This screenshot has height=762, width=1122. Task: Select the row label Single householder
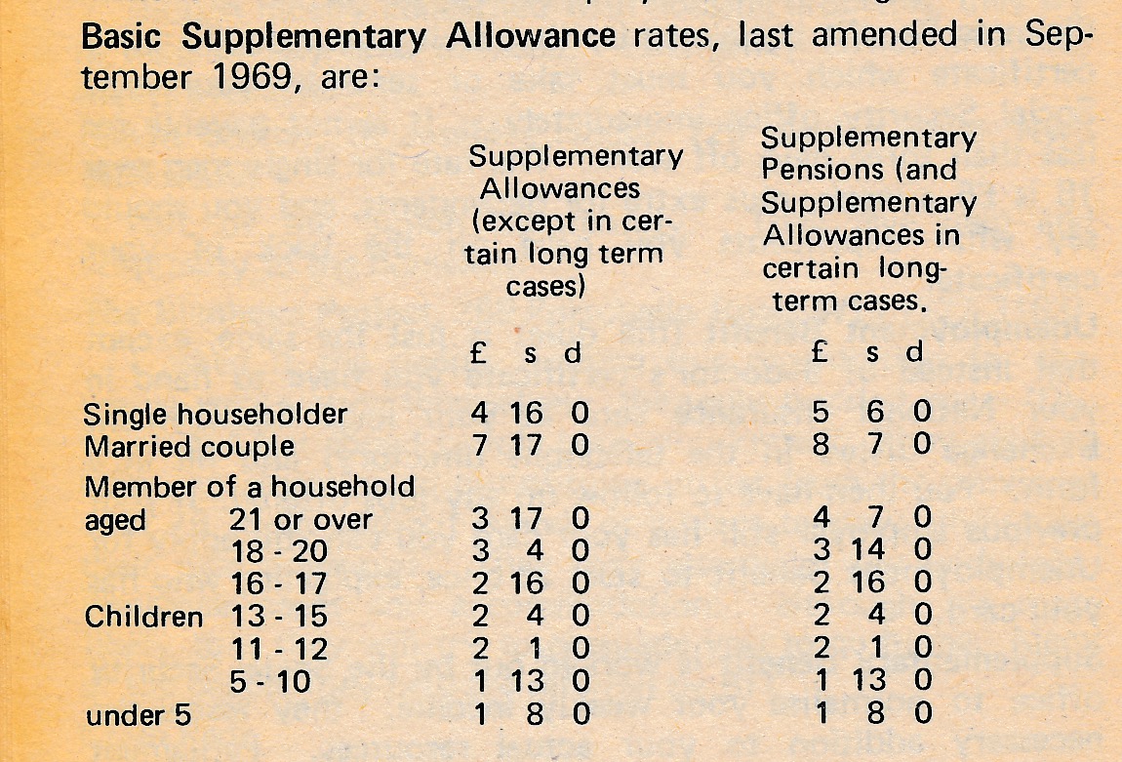pos(215,414)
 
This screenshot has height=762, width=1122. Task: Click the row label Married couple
pos(188,447)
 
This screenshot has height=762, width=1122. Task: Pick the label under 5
pos(139,715)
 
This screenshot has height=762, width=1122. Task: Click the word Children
pos(143,617)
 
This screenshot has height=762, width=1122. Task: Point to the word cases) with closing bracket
pos(545,288)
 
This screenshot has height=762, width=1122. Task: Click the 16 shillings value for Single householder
pos(529,414)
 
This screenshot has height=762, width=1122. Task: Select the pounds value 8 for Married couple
pos(821,444)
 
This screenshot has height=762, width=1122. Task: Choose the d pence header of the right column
pos(914,352)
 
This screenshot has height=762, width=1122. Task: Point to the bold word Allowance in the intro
pos(530,35)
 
